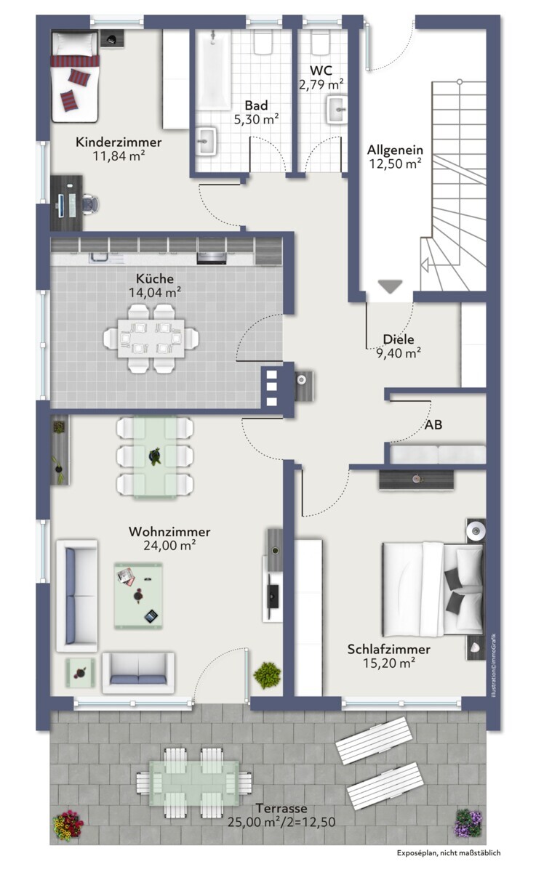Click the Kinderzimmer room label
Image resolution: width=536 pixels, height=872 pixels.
click(119, 142)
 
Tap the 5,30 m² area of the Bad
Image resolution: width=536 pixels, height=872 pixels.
click(256, 119)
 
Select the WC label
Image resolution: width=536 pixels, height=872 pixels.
click(321, 70)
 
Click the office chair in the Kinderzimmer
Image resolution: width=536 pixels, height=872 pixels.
click(91, 203)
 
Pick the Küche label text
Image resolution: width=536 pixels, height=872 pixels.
click(155, 279)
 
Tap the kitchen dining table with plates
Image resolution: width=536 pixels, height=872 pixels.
click(151, 339)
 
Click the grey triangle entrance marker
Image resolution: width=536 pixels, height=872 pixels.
click(390, 286)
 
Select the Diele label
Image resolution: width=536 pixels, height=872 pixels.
click(398, 339)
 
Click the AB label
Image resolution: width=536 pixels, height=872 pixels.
click(433, 424)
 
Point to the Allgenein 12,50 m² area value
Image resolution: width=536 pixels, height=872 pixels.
click(395, 163)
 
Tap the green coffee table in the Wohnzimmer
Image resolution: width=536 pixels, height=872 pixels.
click(138, 595)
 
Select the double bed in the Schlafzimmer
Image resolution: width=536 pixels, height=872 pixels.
click(433, 588)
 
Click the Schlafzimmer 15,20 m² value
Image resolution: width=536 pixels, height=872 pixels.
click(389, 663)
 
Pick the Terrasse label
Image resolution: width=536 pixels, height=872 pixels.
click(281, 808)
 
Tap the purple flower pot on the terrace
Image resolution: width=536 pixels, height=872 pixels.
click(468, 822)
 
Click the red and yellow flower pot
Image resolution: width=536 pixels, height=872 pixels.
click(68, 825)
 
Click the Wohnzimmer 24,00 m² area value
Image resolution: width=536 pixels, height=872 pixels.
click(169, 546)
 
